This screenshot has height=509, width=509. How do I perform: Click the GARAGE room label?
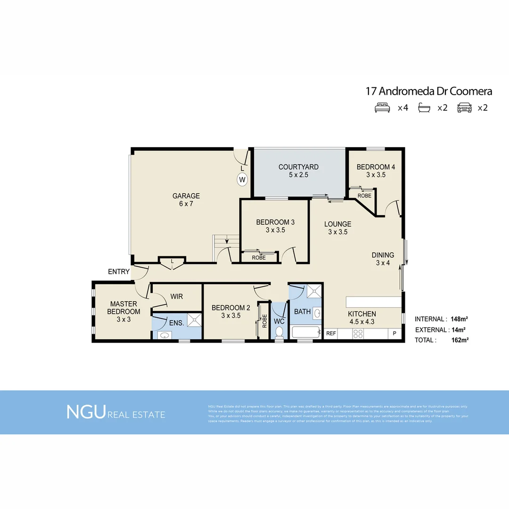point(186,196)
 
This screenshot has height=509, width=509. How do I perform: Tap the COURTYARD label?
point(298,167)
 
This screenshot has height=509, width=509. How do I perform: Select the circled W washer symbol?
point(242,180)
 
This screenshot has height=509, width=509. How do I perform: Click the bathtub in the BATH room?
point(306,332)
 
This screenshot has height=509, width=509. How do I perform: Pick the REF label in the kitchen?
point(331,333)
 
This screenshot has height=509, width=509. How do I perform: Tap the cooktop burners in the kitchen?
point(358,334)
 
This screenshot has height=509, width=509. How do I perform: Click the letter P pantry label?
point(394,334)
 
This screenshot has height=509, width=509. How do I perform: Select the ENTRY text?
point(119,271)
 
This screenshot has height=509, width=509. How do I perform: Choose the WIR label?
point(177,296)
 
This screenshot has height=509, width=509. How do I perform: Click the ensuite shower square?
point(194,320)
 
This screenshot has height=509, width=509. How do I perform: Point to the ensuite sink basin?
point(164,336)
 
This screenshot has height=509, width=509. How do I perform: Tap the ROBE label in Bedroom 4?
point(364,196)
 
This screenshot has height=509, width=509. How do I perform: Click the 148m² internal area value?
point(459,319)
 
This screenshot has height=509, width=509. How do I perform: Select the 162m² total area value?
point(460,340)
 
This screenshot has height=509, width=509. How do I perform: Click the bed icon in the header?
point(382,108)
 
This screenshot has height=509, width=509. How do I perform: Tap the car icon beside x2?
point(464,108)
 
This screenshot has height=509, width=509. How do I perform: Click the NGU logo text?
point(86,411)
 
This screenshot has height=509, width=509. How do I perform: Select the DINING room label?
point(383,255)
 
